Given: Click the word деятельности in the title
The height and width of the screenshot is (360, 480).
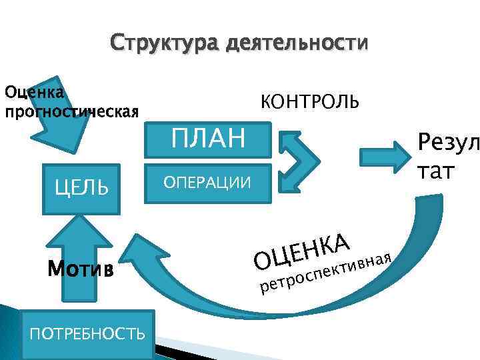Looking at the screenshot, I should [x=297, y=45].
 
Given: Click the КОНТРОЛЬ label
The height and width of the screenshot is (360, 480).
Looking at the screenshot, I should [x=309, y=101].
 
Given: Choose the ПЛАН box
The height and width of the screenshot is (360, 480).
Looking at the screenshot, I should [x=209, y=138].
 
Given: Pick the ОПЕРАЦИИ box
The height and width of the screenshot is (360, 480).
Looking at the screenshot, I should [x=209, y=183].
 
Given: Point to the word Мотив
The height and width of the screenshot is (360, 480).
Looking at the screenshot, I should [x=80, y=270].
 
